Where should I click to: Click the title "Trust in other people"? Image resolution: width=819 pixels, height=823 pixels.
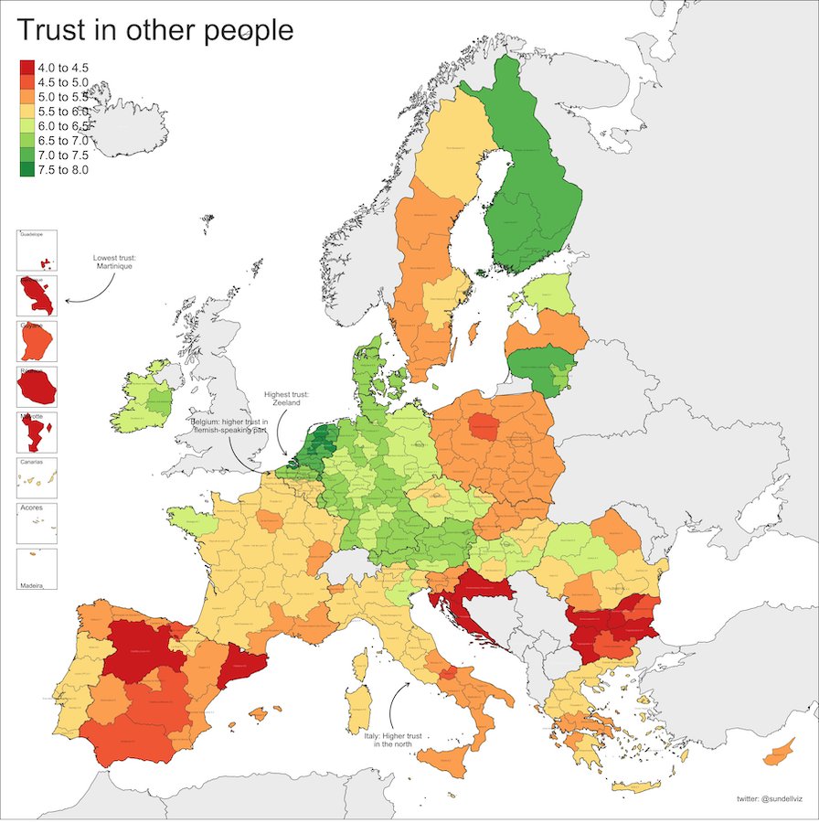155,30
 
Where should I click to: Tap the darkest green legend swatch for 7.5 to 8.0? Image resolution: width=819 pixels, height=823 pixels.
27,169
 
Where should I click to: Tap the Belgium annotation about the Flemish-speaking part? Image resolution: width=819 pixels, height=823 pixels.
229,426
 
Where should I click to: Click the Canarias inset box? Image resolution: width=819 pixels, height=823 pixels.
37,477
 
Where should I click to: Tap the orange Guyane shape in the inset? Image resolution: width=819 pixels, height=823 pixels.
37,342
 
